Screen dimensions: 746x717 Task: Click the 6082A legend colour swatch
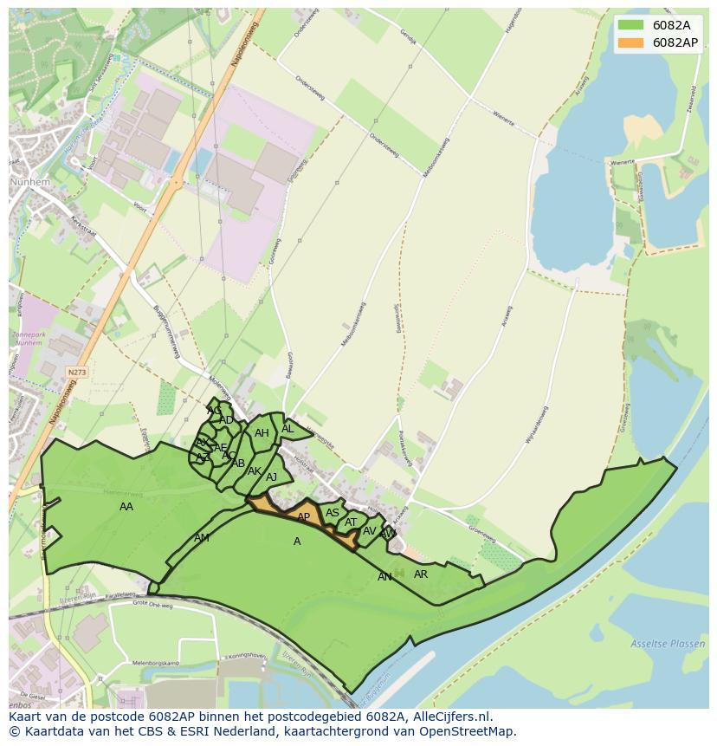tap(632, 25)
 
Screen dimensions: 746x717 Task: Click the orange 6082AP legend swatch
tap(632, 42)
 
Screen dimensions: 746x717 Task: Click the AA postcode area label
tap(126, 507)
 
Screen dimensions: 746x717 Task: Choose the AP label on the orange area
tap(303, 517)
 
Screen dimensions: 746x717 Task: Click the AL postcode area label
tap(287, 429)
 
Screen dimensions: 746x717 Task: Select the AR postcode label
tap(421, 574)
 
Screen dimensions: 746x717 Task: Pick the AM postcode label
tap(202, 538)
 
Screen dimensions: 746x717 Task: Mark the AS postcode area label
tap(333, 513)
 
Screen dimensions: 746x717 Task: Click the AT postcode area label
tap(351, 522)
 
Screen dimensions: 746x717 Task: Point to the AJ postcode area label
tap(272, 477)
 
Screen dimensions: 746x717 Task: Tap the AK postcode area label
tap(255, 471)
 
